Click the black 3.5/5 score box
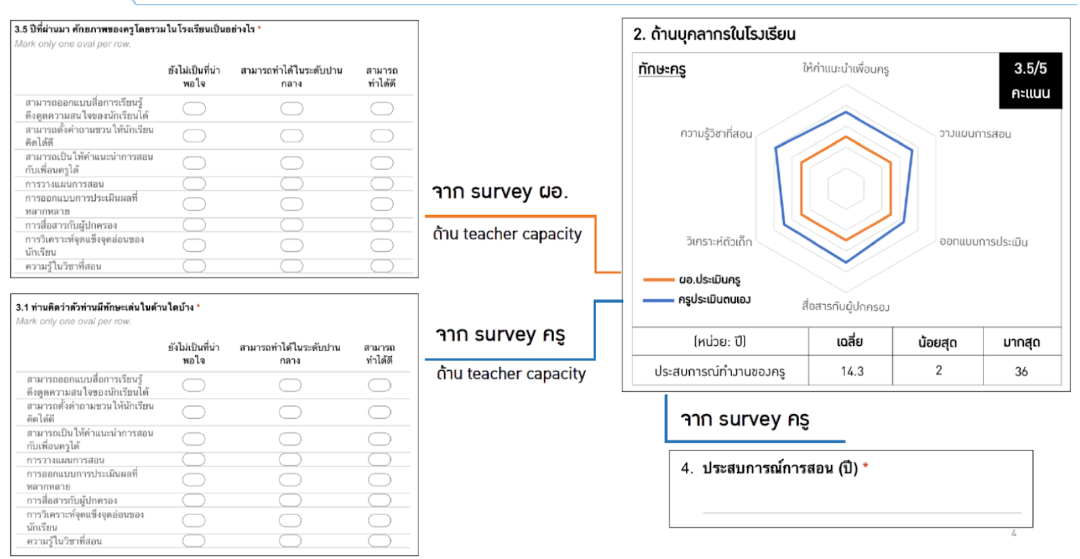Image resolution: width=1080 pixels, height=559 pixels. [x=1030, y=80]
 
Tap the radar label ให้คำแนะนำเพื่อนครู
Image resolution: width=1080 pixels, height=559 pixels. [x=845, y=69]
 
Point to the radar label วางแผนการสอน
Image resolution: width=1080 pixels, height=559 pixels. [x=975, y=134]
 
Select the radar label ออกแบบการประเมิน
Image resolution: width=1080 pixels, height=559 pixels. [x=983, y=241]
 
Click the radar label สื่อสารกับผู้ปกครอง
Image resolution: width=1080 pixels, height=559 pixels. [x=845, y=306]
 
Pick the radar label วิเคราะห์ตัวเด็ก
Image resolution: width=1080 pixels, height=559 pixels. [x=719, y=241]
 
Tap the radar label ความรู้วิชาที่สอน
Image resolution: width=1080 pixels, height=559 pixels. [x=715, y=134]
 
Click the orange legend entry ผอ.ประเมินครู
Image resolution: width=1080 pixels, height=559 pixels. [x=709, y=279]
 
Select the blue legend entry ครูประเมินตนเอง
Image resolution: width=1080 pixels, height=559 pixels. [x=713, y=299]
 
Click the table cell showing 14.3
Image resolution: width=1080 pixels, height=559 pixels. [x=852, y=371]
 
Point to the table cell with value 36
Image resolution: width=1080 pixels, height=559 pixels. [x=1021, y=371]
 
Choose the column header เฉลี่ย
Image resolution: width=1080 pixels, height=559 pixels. [x=850, y=342]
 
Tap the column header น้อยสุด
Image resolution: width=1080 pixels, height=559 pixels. [x=937, y=342]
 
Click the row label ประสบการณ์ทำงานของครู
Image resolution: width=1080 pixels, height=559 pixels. [x=720, y=371]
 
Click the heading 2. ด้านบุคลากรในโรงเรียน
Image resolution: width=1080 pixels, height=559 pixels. [x=714, y=34]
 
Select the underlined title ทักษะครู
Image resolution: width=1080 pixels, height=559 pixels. [x=661, y=69]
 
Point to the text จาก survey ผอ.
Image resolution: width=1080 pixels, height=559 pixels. [x=500, y=192]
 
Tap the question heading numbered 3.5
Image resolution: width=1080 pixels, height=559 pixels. [x=135, y=29]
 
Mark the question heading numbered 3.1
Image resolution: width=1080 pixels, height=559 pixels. [x=105, y=307]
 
